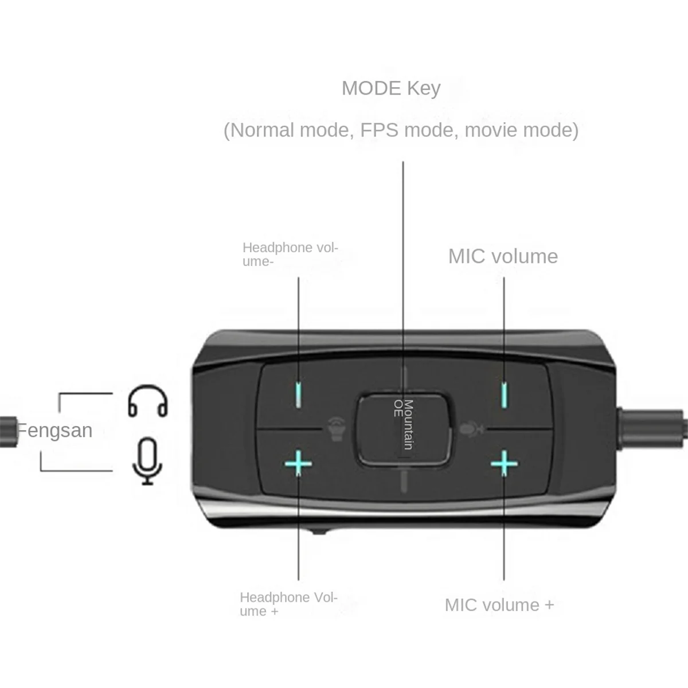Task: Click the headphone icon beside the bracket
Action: [x=147, y=401]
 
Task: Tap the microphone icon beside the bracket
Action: [x=147, y=461]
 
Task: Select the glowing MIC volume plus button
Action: [x=504, y=463]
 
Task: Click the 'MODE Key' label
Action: [x=391, y=88]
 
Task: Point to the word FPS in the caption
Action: [x=379, y=130]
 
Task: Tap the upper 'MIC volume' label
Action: [x=503, y=256]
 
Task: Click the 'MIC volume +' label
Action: [x=499, y=605]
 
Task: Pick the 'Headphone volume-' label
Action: [x=290, y=255]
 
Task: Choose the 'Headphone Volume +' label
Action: [x=288, y=604]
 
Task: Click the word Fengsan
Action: [x=54, y=430]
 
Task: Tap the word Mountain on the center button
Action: [x=408, y=424]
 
